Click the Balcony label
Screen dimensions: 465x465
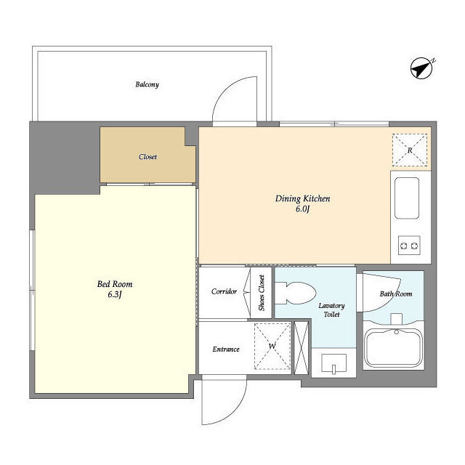[x=147, y=84]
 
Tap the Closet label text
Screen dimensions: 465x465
[x=147, y=157]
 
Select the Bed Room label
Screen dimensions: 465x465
[x=115, y=284]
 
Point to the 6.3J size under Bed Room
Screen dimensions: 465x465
[x=115, y=295]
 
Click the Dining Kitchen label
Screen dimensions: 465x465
[x=302, y=198]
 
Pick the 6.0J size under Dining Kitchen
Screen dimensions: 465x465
[x=302, y=209]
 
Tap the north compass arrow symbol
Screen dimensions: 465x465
[x=422, y=68]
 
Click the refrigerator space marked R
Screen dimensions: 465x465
[x=410, y=150]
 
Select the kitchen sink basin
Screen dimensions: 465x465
[x=407, y=198]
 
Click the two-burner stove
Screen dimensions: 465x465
[x=409, y=246]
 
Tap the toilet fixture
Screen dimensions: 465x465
[x=295, y=293]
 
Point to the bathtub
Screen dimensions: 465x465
[x=394, y=348]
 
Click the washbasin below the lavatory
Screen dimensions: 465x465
[x=334, y=363]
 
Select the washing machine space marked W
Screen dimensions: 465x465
[x=272, y=346]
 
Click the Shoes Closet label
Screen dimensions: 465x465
[x=262, y=293]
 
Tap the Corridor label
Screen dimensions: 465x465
[x=224, y=291]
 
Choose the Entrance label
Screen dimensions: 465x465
[x=226, y=349]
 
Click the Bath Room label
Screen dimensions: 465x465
[x=396, y=294]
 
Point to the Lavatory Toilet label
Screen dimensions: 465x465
[x=331, y=310]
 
